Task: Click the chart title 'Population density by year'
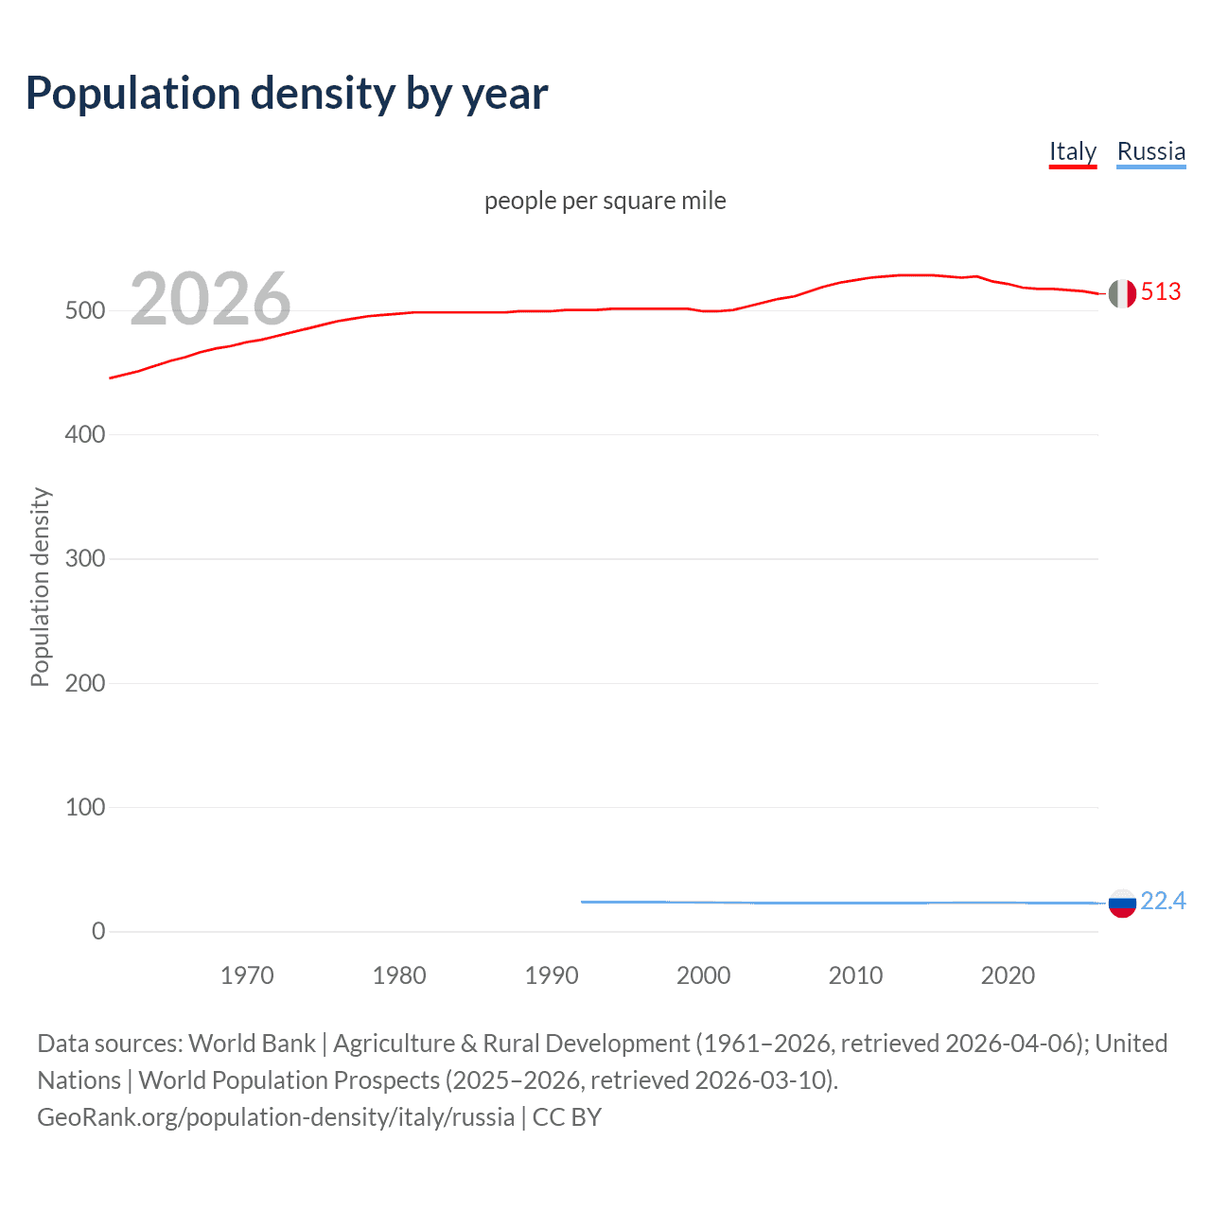pyautogui.click(x=287, y=94)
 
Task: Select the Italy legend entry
pyautogui.click(x=1072, y=151)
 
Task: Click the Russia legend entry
pyautogui.click(x=1150, y=151)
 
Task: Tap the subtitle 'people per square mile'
pyautogui.click(x=605, y=201)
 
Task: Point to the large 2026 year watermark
pyautogui.click(x=210, y=299)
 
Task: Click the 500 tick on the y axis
pyautogui.click(x=85, y=310)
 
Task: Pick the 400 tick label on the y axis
pyautogui.click(x=85, y=435)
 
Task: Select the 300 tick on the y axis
pyautogui.click(x=85, y=559)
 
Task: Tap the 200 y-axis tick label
pyautogui.click(x=85, y=683)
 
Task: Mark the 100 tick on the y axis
pyautogui.click(x=85, y=807)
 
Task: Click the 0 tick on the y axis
pyautogui.click(x=98, y=931)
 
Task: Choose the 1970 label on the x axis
pyautogui.click(x=247, y=975)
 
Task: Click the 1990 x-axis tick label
pyautogui.click(x=552, y=975)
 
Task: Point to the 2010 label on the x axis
pyautogui.click(x=855, y=975)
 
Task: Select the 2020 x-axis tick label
pyautogui.click(x=1008, y=975)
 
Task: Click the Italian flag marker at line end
pyautogui.click(x=1122, y=293)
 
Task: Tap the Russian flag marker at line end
pyautogui.click(x=1122, y=904)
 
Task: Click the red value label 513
pyautogui.click(x=1161, y=291)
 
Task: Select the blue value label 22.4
pyautogui.click(x=1163, y=901)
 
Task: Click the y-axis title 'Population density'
pyautogui.click(x=40, y=587)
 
